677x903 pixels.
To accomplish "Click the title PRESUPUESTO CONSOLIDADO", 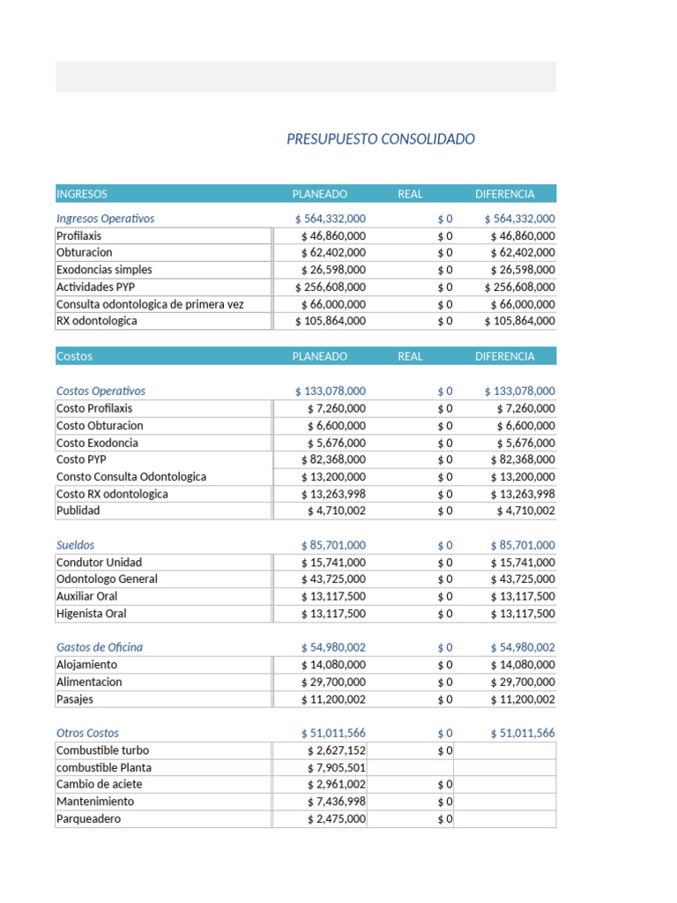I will (x=381, y=139).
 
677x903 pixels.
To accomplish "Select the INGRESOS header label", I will (x=82, y=194).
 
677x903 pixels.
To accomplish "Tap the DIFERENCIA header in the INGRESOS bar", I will (x=504, y=194).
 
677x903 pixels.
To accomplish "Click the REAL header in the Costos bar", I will (x=410, y=356).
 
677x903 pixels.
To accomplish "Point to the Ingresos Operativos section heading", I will (x=105, y=219).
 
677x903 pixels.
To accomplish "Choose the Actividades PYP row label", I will (x=96, y=287).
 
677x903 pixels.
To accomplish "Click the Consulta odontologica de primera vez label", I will (x=150, y=304).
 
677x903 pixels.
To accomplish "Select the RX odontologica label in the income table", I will (x=97, y=321).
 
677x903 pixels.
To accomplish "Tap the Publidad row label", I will (x=78, y=511).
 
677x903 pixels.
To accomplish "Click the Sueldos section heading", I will (x=75, y=545).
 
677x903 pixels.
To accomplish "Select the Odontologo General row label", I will (x=107, y=579).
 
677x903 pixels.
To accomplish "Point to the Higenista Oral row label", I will (x=91, y=614).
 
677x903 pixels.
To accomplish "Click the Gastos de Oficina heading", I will (x=99, y=647).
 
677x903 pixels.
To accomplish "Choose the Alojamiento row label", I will (x=86, y=665).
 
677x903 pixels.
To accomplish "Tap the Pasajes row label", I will (x=75, y=699).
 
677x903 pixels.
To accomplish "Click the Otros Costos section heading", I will (x=87, y=733).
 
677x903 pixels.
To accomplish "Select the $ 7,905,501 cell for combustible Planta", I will (x=336, y=767).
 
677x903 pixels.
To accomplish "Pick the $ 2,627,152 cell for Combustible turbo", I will (x=336, y=750).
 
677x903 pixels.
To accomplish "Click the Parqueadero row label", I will (x=88, y=819).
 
